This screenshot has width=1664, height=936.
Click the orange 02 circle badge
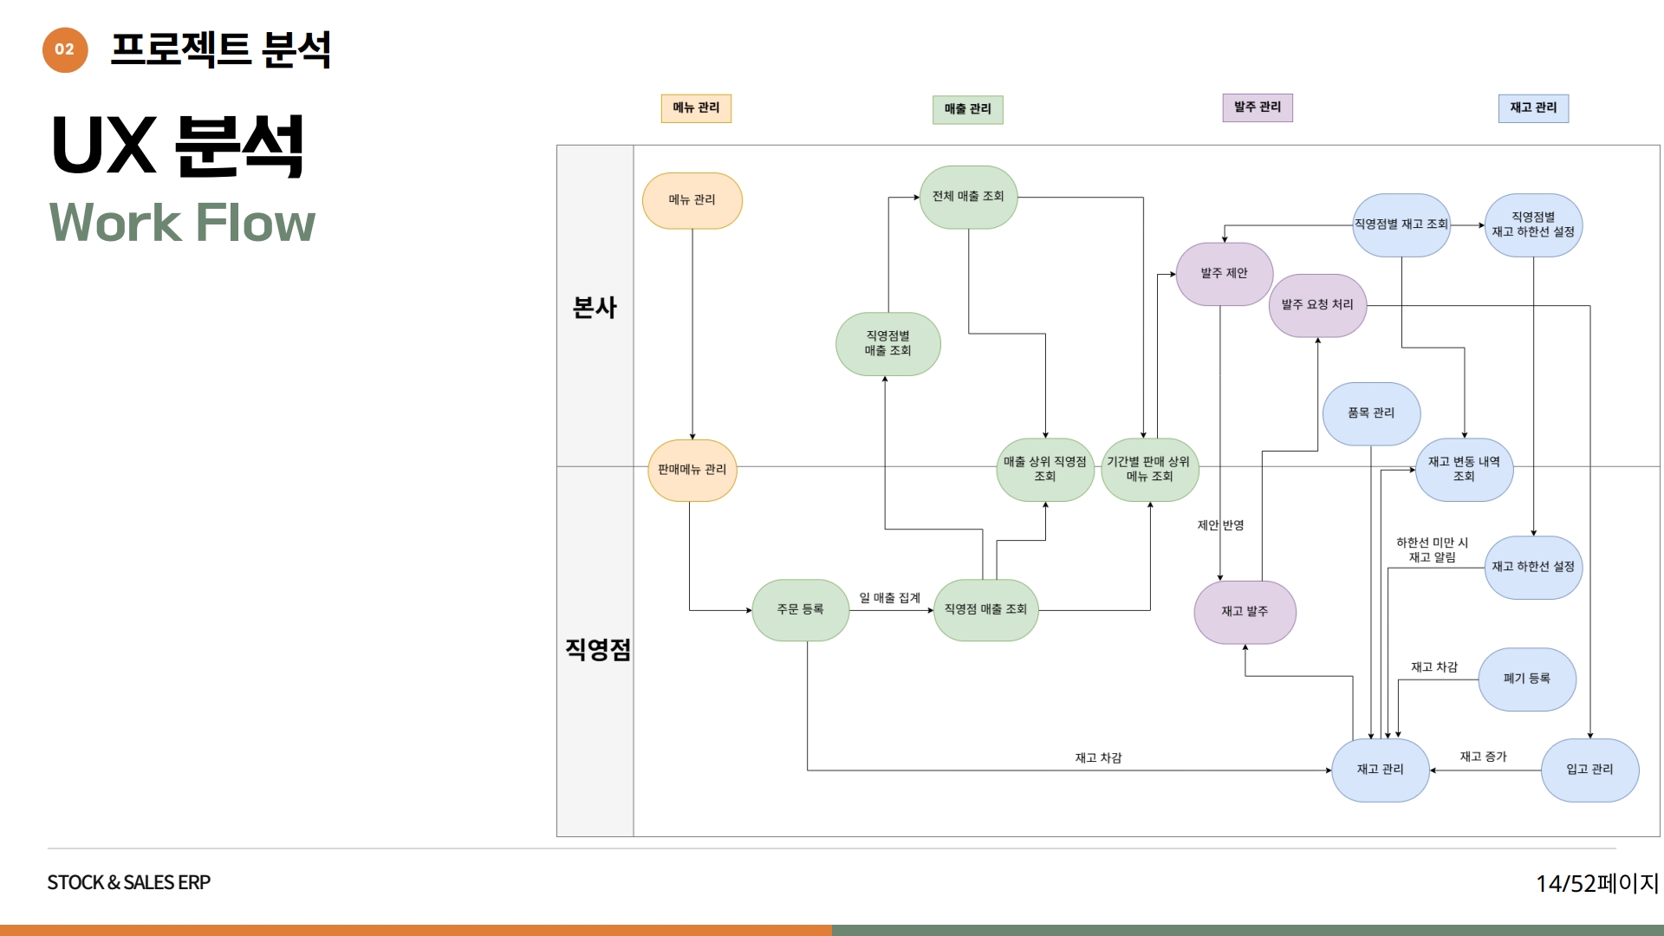65,49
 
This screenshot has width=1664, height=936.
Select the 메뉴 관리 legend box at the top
696,108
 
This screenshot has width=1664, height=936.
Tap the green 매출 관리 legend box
967,109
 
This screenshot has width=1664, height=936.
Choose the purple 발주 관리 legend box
1257,107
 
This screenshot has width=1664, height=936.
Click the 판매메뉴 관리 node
692,470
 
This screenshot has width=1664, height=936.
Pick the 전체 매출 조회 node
968,197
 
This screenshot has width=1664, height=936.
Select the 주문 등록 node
800,610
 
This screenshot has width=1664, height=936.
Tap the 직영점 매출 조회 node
985,610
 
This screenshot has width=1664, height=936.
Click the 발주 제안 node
1224,274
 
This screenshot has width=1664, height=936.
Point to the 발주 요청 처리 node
1317,305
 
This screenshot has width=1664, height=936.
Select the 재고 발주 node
1245,612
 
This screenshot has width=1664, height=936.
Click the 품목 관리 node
1371,413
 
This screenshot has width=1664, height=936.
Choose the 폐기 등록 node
1526,679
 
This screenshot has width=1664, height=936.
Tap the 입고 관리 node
1589,770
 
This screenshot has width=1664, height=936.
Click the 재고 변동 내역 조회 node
1464,470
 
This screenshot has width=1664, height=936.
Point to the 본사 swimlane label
595,308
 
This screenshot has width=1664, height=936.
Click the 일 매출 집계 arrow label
889,598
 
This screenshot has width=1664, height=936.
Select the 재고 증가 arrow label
1483,757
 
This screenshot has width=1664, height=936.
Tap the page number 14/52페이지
1596,883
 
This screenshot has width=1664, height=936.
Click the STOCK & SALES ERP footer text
129,882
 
